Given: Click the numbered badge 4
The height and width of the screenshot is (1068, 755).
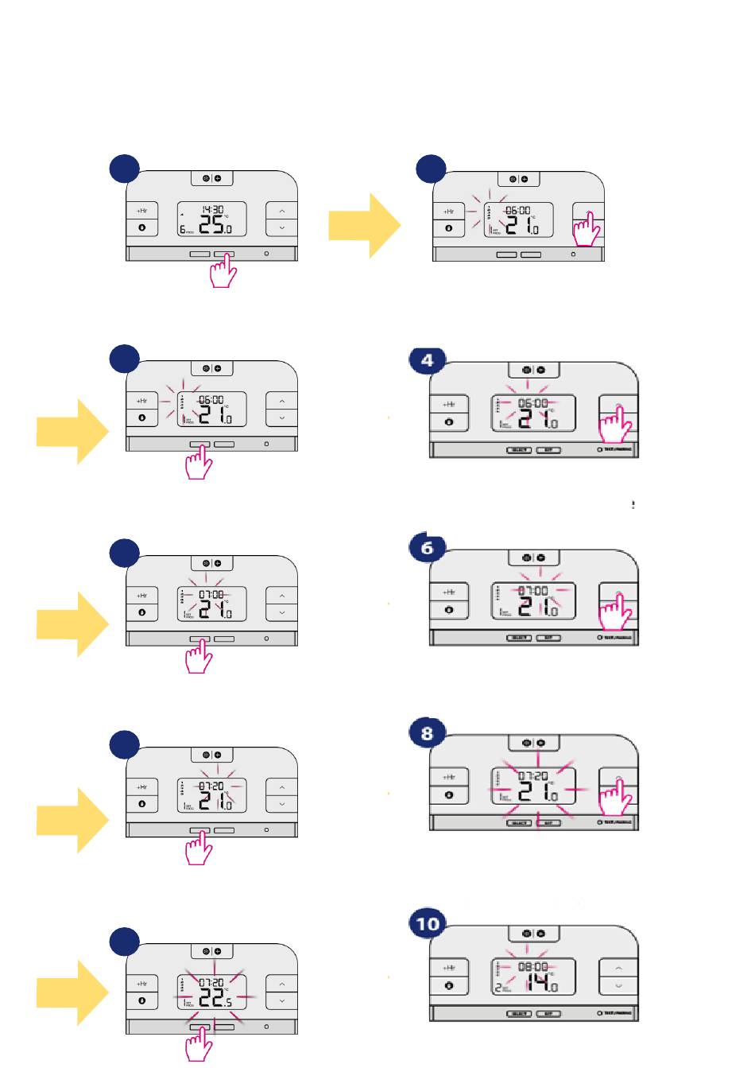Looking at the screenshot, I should pyautogui.click(x=427, y=360).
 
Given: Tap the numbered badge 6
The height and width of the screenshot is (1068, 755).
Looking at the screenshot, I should pyautogui.click(x=427, y=547).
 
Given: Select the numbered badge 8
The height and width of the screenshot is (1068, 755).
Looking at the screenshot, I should pyautogui.click(x=427, y=732).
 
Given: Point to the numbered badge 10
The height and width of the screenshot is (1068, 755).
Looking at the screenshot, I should pyautogui.click(x=428, y=923).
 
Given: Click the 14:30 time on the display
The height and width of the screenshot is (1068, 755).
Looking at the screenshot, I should pyautogui.click(x=212, y=210).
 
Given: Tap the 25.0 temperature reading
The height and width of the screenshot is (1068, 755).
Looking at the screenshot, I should pyautogui.click(x=215, y=226).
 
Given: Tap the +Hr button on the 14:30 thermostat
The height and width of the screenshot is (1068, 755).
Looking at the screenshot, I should pyautogui.click(x=141, y=211).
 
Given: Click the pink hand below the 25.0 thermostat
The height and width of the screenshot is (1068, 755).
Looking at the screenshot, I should pyautogui.click(x=223, y=271).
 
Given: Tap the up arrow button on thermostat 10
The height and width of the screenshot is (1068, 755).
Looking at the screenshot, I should pyautogui.click(x=618, y=969).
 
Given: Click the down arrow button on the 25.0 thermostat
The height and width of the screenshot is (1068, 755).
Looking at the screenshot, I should pyautogui.click(x=281, y=228).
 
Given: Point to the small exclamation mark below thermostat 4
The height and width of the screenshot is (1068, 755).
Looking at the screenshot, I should pyautogui.click(x=633, y=504).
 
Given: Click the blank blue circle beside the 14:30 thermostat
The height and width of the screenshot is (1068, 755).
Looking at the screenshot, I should pyautogui.click(x=124, y=169).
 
